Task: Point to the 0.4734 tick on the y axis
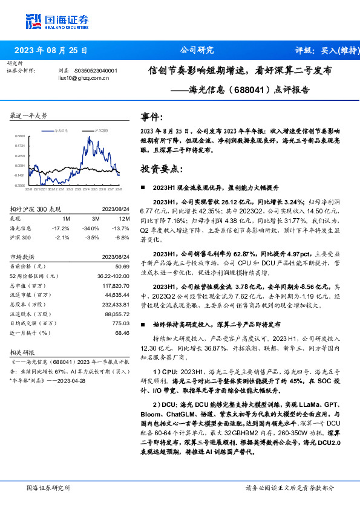21,146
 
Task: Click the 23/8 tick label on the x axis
117,189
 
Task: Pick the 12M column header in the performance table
125,218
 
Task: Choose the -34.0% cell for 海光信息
91,228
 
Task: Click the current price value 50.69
123,266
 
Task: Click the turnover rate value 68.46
123,333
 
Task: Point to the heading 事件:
152,117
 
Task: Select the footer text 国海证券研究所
48,487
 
